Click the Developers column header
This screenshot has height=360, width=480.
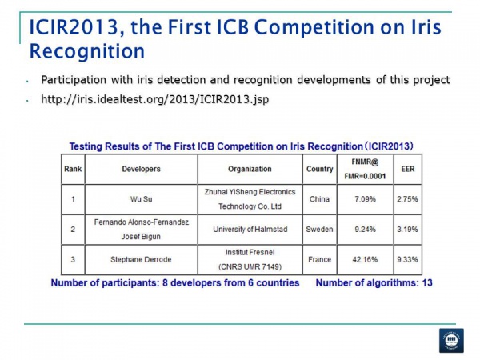pyautogui.click(x=141, y=170)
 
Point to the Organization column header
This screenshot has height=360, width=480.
pyautogui.click(x=249, y=170)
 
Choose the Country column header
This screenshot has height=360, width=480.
pyautogui.click(x=320, y=170)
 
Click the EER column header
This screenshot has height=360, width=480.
pyautogui.click(x=406, y=170)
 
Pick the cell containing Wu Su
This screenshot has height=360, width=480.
pyautogui.click(x=141, y=199)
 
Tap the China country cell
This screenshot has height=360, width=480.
pyautogui.click(x=320, y=199)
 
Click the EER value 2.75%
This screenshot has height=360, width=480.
pyautogui.click(x=406, y=199)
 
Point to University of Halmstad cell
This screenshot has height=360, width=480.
pyautogui.click(x=249, y=229)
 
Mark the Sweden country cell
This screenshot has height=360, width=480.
pyautogui.click(x=320, y=229)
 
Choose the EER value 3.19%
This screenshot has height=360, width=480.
pyautogui.click(x=406, y=229)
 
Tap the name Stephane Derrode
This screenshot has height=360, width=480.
pyautogui.click(x=141, y=259)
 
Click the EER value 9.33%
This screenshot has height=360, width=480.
pyautogui.click(x=406, y=259)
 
